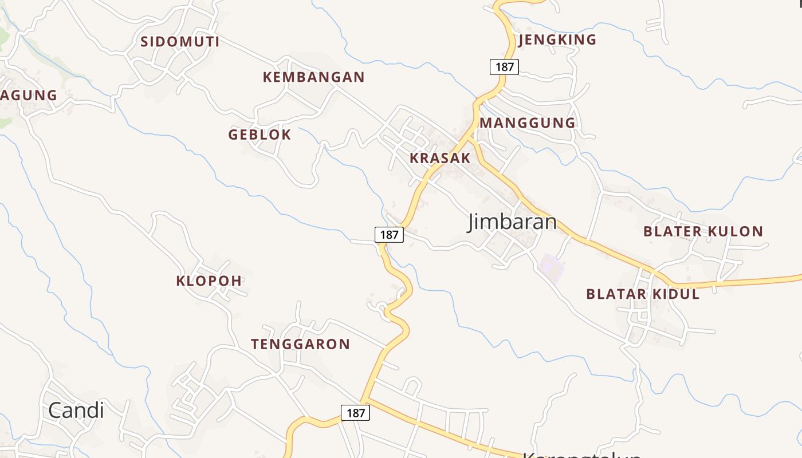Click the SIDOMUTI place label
coord(180,42)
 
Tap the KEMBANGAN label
coord(313,77)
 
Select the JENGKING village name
coord(557,40)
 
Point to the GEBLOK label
coord(260,135)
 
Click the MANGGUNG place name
coord(527,123)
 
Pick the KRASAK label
coord(440,158)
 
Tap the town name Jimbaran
coord(512,222)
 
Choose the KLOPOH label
coord(209,281)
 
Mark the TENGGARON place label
coord(300,344)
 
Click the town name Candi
coord(76,410)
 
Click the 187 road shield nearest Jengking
coord(504,67)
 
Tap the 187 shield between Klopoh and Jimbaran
coord(389,234)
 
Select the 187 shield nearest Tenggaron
coord(355,412)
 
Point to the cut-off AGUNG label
coord(29,96)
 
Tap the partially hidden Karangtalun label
coord(581,455)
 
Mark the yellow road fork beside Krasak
coord(471,138)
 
